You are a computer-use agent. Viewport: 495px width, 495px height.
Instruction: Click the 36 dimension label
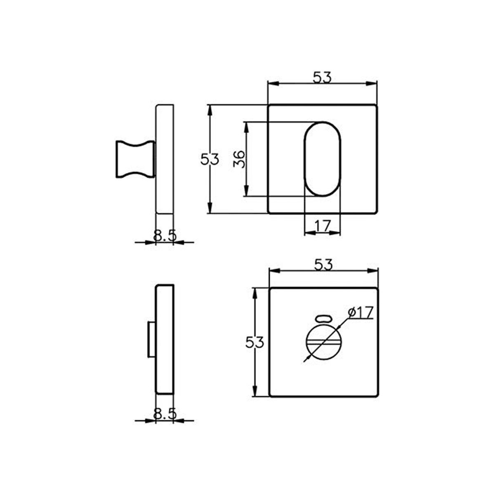point(239,159)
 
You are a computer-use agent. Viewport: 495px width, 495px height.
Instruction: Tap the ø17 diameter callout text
point(360,313)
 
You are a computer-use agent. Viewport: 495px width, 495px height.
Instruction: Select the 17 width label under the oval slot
point(323,226)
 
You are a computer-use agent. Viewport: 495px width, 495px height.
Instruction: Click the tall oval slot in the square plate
point(323,159)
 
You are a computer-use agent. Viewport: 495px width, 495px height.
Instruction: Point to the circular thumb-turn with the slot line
point(323,342)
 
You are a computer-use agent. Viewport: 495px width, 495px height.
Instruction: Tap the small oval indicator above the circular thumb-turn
point(323,318)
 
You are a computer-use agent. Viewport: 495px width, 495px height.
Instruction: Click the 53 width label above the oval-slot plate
point(322,77)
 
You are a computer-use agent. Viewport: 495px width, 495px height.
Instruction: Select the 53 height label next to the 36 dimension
point(210,159)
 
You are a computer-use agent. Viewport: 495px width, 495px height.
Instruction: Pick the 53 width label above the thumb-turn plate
point(323,264)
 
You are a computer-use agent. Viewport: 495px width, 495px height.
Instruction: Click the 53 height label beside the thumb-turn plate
point(255,342)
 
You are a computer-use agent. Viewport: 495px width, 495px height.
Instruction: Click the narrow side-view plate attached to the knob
point(165,159)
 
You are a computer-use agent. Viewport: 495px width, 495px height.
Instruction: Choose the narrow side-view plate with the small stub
point(165,339)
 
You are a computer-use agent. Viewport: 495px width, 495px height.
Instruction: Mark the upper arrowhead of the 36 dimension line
point(246,126)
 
